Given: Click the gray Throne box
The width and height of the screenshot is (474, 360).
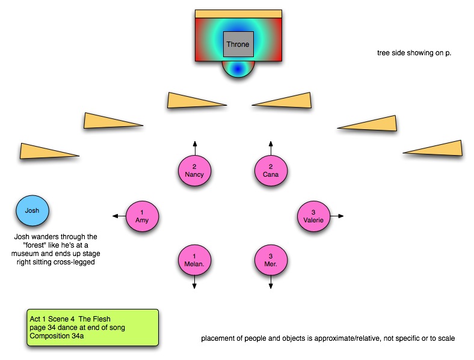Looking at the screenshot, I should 238,44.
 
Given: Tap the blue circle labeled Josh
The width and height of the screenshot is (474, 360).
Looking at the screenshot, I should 32,211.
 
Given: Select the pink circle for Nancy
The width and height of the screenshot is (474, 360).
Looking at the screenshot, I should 194,170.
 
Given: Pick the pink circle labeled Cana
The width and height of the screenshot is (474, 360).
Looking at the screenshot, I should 270,170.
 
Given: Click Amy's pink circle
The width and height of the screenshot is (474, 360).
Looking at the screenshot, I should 142,216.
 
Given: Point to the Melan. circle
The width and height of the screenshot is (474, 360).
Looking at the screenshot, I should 194,260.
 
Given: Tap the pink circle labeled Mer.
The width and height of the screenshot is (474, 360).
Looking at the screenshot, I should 270,260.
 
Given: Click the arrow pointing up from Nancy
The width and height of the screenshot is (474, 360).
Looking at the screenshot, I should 194,147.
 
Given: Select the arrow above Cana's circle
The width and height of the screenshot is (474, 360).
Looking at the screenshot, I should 270,147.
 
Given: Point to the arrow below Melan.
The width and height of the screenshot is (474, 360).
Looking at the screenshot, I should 194,283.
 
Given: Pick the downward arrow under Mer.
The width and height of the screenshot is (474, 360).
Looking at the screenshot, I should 270,283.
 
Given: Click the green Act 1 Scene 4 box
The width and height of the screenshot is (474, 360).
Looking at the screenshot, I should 93,328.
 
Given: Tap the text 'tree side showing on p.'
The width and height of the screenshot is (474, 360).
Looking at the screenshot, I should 414,53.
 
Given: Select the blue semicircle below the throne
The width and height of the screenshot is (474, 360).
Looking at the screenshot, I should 238,69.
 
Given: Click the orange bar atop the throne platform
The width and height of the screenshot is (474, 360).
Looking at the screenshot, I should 238,13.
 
